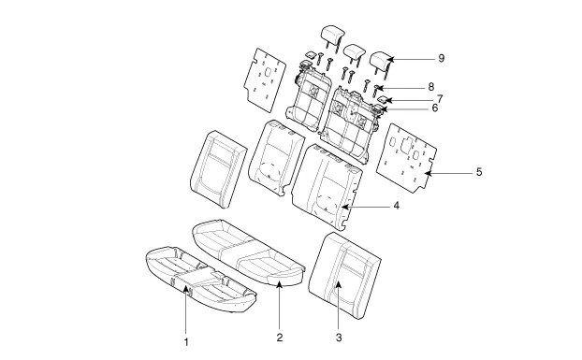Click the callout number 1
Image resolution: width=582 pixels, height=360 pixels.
pos(186,342)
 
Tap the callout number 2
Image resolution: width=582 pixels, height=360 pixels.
pos(280,338)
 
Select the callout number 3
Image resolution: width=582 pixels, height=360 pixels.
pos(339,338)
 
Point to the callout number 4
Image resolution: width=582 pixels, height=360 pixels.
pos(397,206)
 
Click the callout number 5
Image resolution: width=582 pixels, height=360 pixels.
pos(479,172)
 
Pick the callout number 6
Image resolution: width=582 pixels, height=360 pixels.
pos(435,108)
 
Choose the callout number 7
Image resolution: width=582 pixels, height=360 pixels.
pos(440,99)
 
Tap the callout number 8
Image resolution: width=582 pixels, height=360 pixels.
pos(431,87)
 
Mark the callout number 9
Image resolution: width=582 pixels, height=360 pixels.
pos(441,58)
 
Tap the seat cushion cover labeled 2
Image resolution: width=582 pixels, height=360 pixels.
pos(248,252)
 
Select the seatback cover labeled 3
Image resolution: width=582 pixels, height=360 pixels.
pos(344,276)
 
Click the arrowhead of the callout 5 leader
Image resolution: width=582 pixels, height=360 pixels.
pos(428,173)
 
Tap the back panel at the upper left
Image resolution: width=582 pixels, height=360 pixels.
pos(265,79)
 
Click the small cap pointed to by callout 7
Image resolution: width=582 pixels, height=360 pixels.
pos(383,99)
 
